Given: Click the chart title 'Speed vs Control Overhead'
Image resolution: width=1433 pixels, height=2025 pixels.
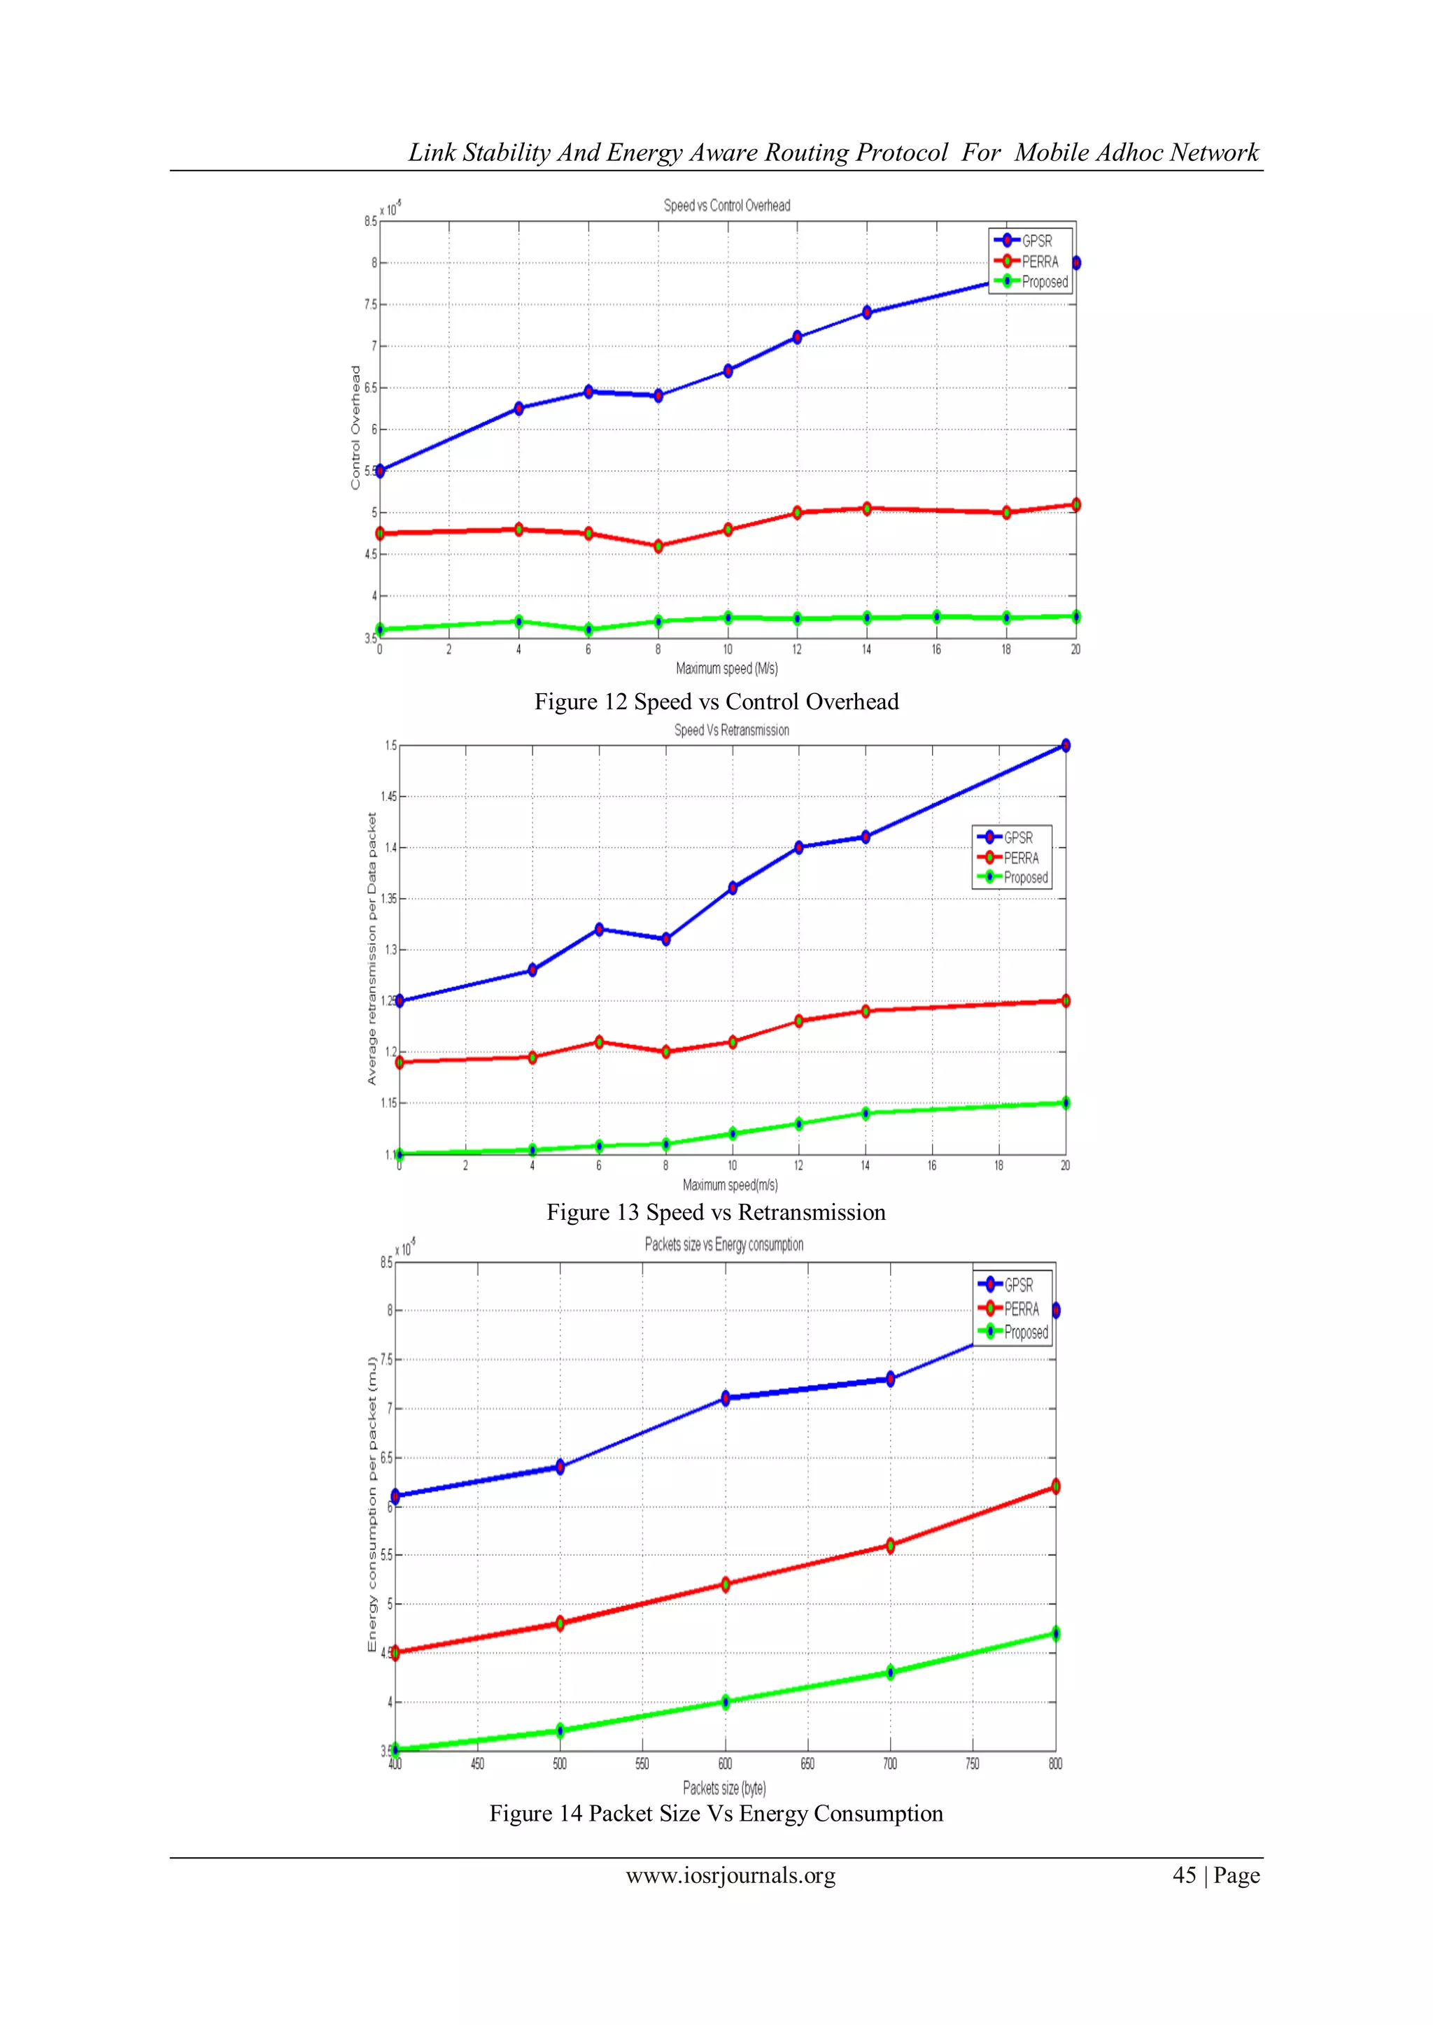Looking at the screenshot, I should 727,206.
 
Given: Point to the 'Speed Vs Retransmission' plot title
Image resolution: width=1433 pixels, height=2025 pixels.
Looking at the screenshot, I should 731,730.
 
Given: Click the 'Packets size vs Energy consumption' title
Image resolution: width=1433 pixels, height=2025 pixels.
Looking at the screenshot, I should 723,1244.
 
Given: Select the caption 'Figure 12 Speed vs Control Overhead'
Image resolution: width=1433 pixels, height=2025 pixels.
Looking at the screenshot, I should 716,702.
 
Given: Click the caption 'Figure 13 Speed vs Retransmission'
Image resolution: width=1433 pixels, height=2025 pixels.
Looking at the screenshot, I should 716,1213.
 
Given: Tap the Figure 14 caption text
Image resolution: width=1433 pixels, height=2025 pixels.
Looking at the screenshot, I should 716,1813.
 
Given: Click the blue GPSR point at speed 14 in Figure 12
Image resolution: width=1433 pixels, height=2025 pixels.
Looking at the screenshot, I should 866,312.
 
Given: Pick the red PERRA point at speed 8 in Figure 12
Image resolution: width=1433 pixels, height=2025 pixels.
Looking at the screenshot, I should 658,546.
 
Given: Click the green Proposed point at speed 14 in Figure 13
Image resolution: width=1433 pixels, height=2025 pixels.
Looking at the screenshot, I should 866,1113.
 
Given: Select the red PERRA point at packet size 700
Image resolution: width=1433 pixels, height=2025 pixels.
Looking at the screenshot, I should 890,1545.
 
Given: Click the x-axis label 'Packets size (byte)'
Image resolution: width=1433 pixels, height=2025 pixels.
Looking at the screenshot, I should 724,1788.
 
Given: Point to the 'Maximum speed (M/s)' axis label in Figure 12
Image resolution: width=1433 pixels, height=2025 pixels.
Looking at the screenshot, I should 727,669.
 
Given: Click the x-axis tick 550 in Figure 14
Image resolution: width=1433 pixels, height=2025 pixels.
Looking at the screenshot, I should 642,1764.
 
